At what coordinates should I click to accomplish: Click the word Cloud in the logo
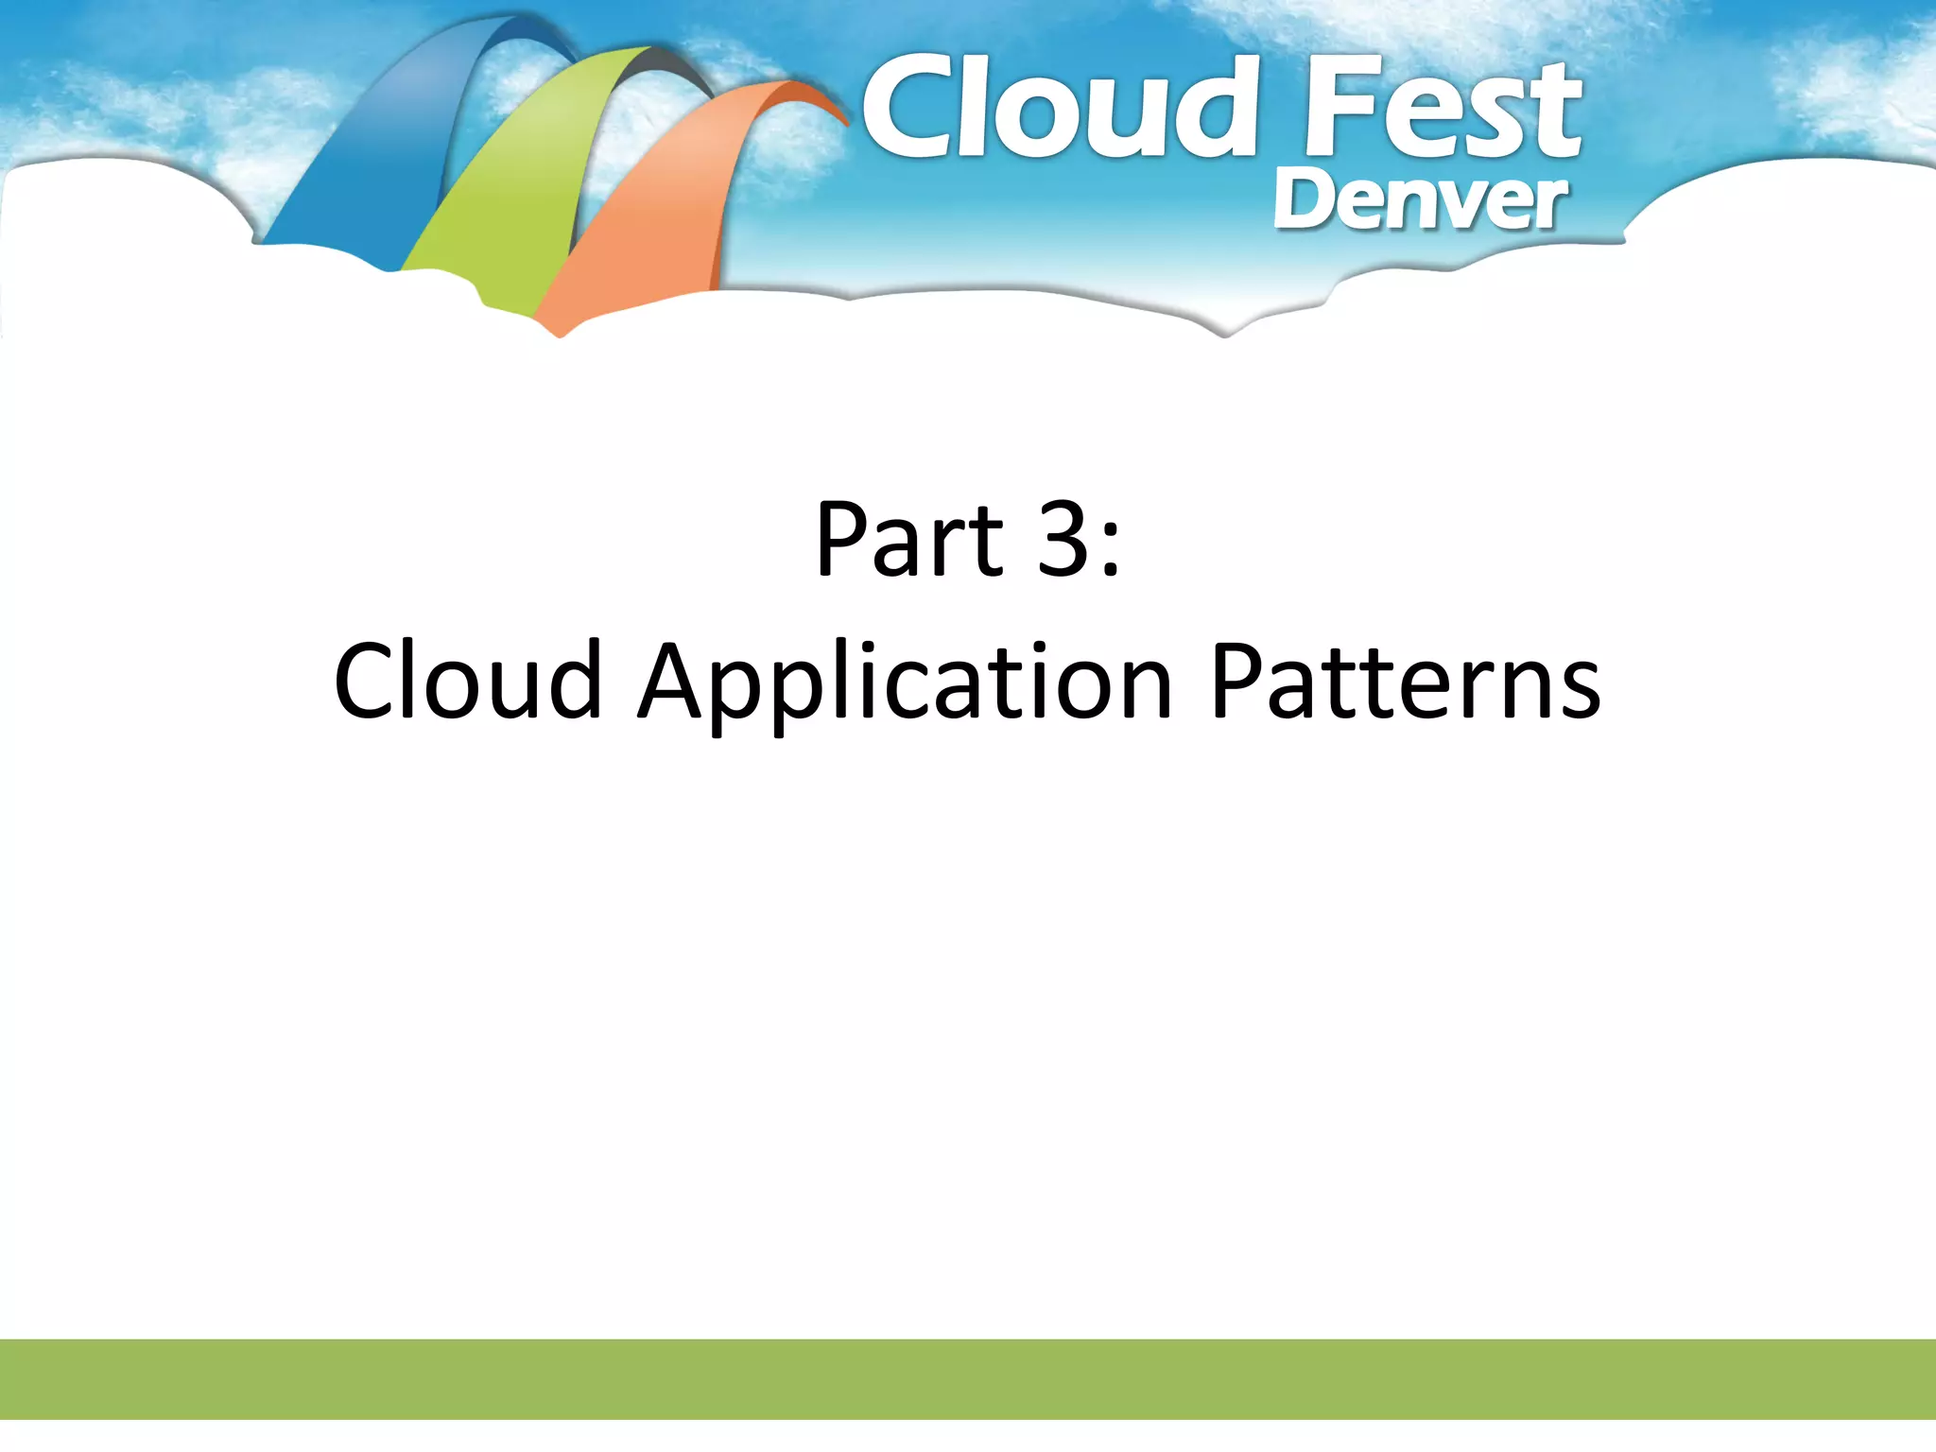pos(1059,109)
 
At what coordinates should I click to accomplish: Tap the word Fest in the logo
pos(1442,109)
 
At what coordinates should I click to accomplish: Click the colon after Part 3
pos(1111,548)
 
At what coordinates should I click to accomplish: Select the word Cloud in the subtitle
pos(468,681)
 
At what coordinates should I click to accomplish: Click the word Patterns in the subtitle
pos(1406,681)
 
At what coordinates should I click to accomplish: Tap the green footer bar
pos(968,1378)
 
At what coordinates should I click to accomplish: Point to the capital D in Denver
pos(1303,200)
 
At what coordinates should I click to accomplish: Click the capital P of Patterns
pos(1237,681)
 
